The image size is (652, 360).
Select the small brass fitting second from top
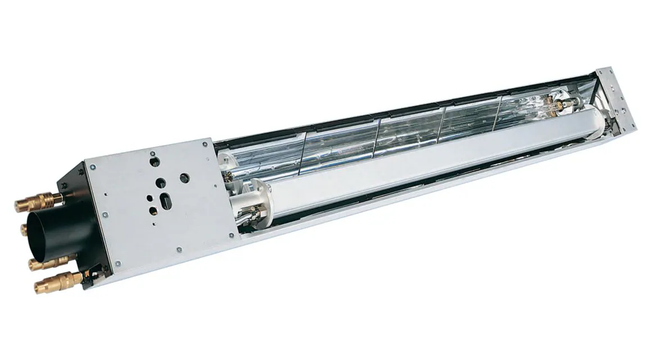click(x=25, y=229)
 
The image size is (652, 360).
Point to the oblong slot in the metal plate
click(x=167, y=201)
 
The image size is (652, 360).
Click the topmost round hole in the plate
click(x=155, y=161)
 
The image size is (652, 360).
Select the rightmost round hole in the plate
click(x=184, y=178)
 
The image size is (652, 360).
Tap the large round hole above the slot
click(x=161, y=183)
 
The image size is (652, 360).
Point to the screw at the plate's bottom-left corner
click(x=118, y=263)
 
